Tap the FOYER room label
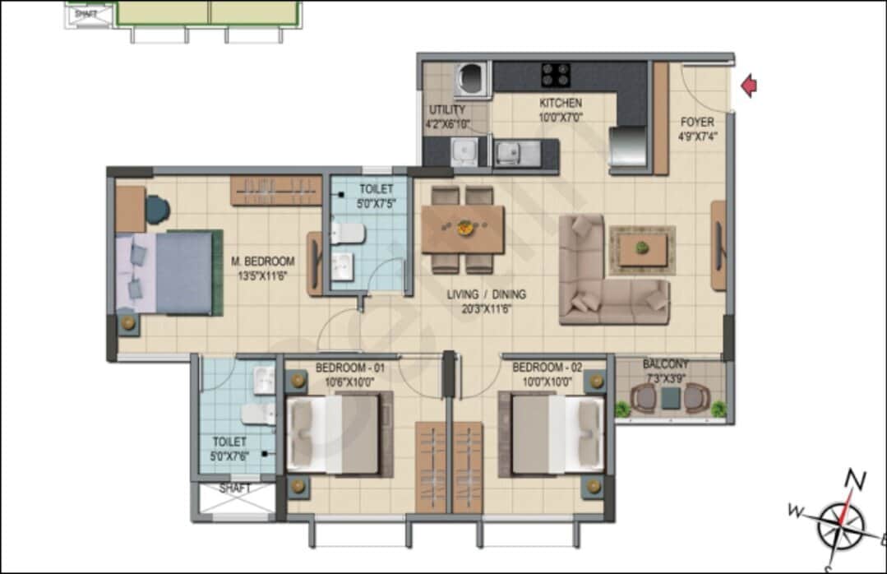coord(696,123)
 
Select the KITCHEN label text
coord(561,104)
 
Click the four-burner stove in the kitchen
coord(556,75)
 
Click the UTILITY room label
coord(446,110)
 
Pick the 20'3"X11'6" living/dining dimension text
coord(487,308)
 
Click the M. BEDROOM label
coord(262,262)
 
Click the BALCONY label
coord(666,363)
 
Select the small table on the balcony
coord(672,398)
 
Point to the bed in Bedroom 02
coord(557,433)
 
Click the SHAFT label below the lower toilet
coord(235,488)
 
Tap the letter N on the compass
coord(857,479)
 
